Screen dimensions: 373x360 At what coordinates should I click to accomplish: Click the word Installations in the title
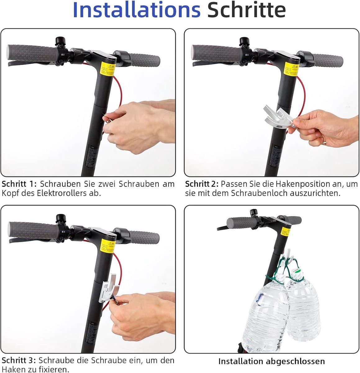[137, 11]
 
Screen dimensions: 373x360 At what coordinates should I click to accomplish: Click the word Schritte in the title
[246, 11]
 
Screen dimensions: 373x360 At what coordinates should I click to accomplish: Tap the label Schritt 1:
[19, 184]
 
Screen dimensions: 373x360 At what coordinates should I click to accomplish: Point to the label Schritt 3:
[19, 361]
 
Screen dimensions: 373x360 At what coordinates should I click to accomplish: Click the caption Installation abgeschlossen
[271, 361]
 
